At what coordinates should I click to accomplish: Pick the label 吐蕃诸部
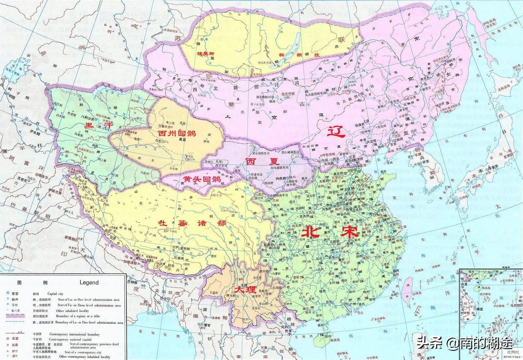coord(192,223)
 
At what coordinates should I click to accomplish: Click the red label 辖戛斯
coord(205,53)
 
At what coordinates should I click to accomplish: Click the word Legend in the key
coord(89,283)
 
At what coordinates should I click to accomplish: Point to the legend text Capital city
coord(58,294)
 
